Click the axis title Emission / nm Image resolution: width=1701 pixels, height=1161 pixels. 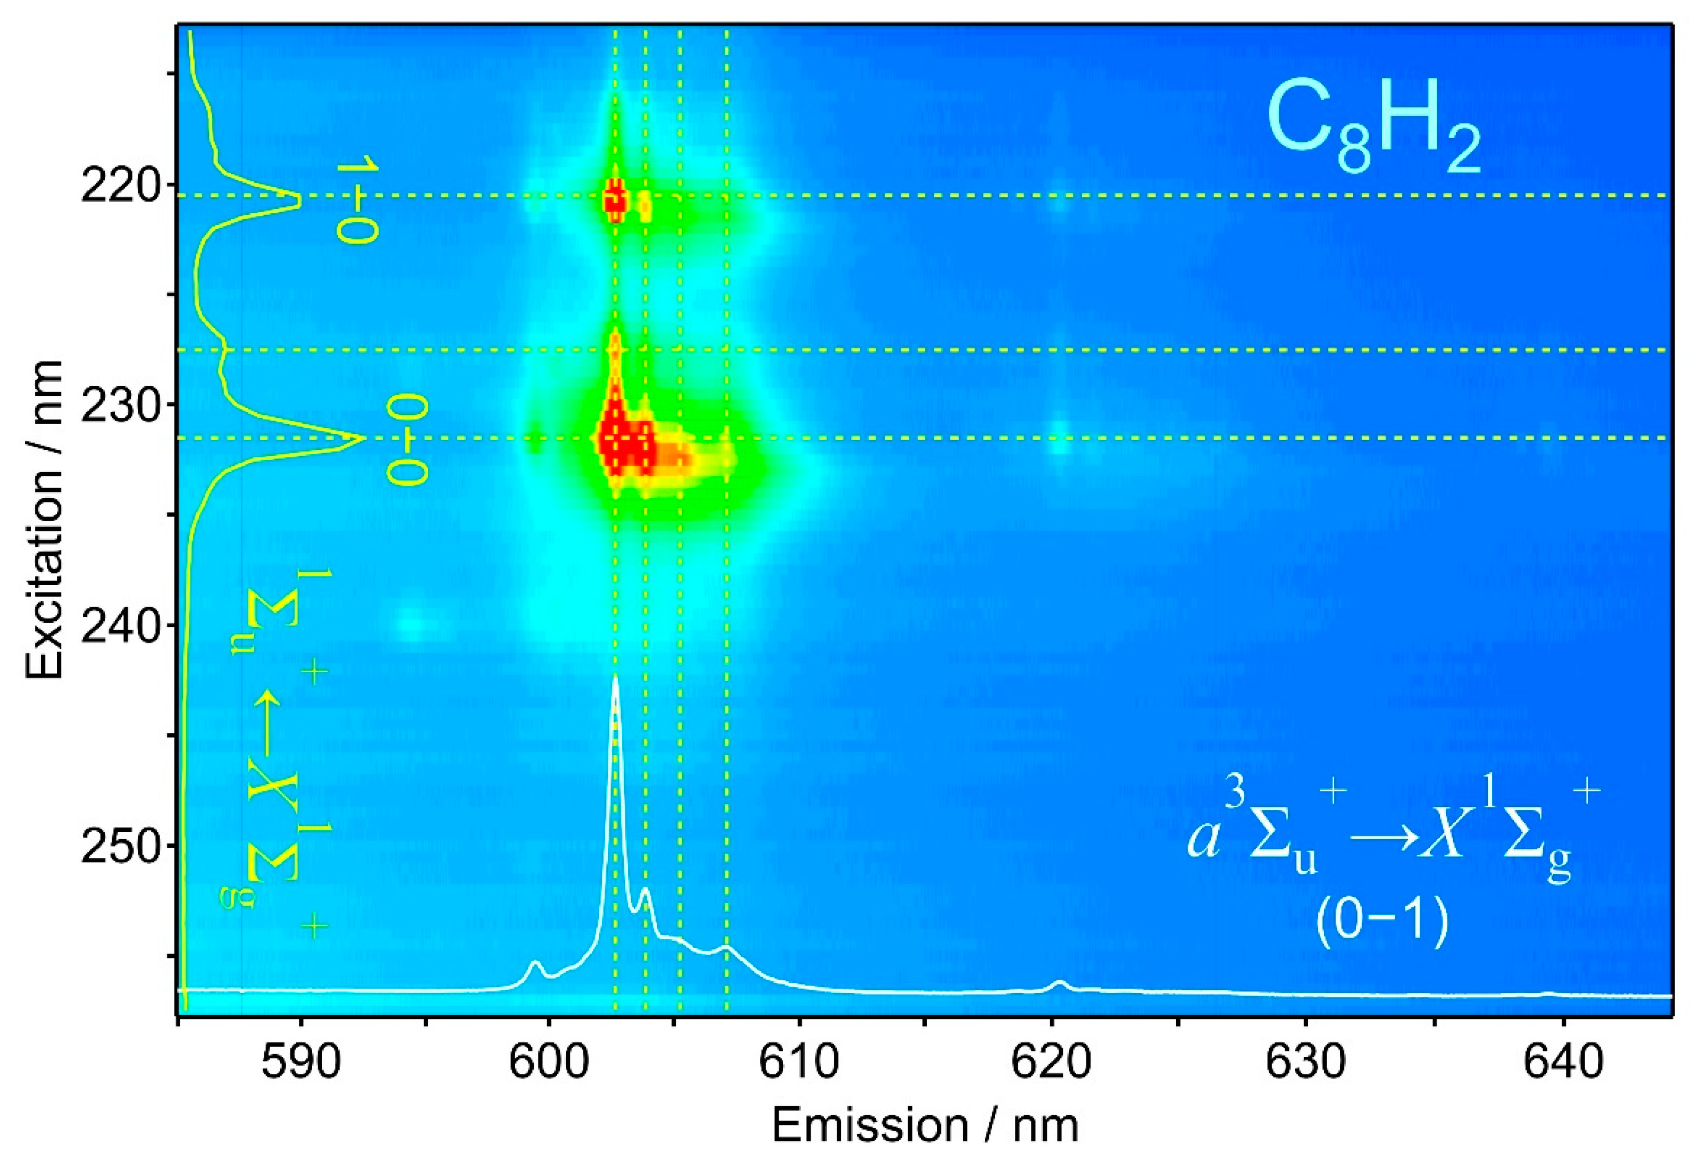[925, 1125]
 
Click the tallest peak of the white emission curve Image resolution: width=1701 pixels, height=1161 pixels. [615, 676]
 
